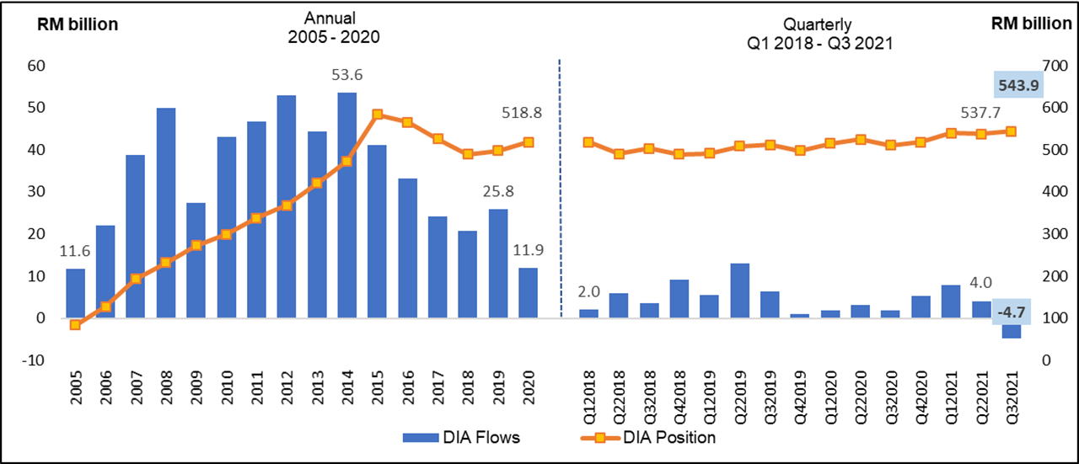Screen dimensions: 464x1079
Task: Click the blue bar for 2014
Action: coord(346,205)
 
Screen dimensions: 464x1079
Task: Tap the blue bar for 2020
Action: coord(528,293)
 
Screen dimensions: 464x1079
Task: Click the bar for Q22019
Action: coord(739,291)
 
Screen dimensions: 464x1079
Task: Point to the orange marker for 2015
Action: coord(377,115)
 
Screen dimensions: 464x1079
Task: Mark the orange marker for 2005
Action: coord(75,324)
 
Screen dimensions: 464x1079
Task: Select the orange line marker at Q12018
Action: coord(588,142)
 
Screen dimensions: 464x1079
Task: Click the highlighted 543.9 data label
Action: coord(1017,85)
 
